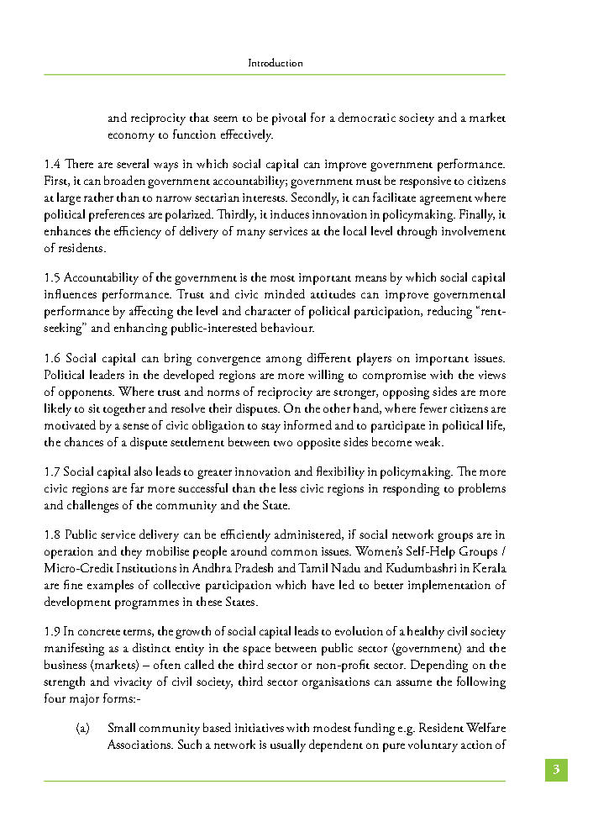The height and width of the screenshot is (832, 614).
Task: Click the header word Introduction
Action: pyautogui.click(x=276, y=63)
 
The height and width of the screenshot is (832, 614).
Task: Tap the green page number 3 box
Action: pyautogui.click(x=555, y=769)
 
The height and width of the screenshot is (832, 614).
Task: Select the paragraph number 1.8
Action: pyautogui.click(x=52, y=535)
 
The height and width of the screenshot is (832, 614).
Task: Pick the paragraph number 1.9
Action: pyautogui.click(x=52, y=631)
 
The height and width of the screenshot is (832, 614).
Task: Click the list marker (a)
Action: pyautogui.click(x=83, y=727)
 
